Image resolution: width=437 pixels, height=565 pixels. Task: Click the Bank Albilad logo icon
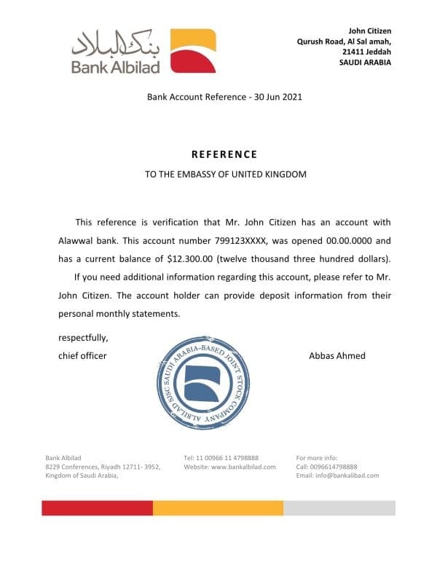click(x=193, y=51)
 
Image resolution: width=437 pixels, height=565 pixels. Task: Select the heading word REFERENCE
click(x=224, y=154)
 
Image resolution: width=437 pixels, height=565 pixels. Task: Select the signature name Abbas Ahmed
click(x=337, y=355)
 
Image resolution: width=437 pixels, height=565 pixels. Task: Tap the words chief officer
click(x=82, y=355)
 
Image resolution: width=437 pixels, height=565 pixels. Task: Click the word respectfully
click(x=83, y=338)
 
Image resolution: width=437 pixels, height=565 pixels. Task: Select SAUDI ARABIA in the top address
click(x=365, y=63)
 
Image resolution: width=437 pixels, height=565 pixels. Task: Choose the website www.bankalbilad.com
click(x=243, y=466)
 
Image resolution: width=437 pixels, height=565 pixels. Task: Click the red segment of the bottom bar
click(x=97, y=507)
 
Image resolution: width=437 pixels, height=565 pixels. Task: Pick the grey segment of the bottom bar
click(x=339, y=507)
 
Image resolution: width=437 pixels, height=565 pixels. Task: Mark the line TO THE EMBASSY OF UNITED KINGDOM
click(x=227, y=174)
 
